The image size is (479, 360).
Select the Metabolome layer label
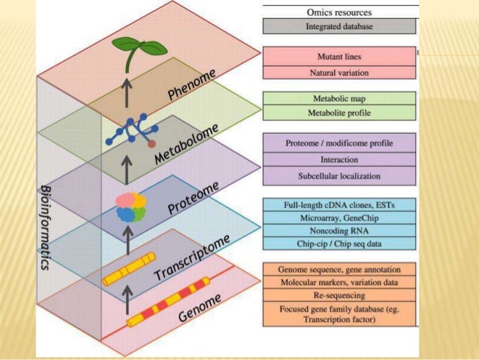pos(187,143)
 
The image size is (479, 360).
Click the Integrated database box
pos(340,26)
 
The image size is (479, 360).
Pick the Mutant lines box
pos(340,56)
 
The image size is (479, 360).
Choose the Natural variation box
pos(340,72)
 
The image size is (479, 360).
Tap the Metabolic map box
pos(340,98)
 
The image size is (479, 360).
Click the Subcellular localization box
pos(340,176)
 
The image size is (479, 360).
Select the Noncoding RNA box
pos(340,230)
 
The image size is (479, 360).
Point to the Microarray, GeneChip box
pos(340,216)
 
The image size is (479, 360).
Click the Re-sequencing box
pos(340,295)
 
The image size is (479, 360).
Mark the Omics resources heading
pos(340,11)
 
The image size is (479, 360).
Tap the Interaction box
pos(340,159)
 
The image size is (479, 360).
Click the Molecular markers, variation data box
pos(340,281)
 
